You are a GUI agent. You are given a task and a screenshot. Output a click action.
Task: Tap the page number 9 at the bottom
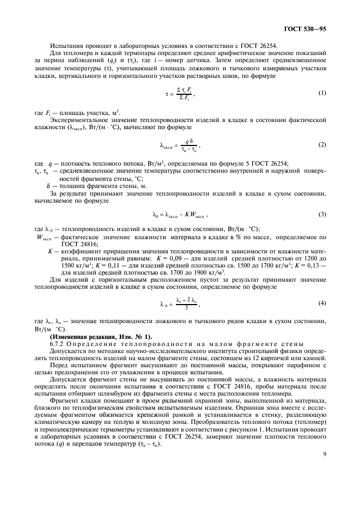point(325,483)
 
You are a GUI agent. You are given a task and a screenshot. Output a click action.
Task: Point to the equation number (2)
point(322,145)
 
